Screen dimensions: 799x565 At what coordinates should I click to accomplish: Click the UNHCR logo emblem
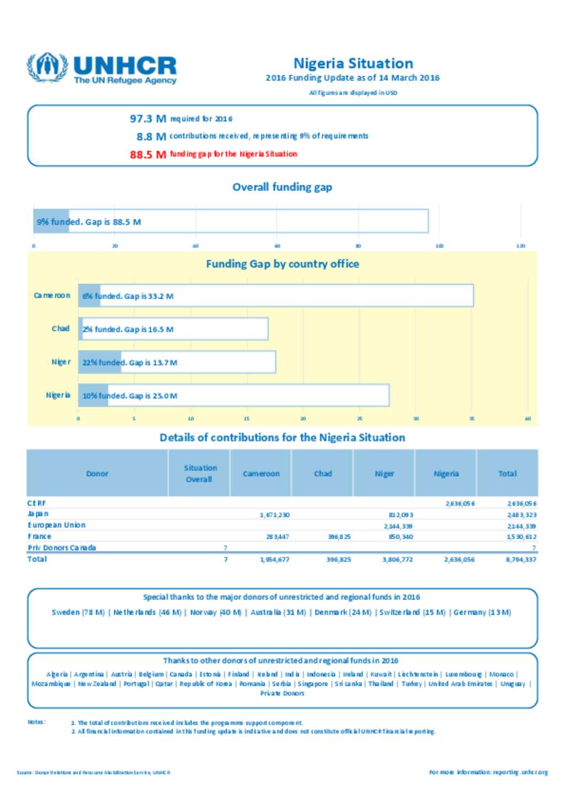tap(47, 67)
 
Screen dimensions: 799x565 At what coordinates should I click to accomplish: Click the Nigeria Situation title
tap(353, 63)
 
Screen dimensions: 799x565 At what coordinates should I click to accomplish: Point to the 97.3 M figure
tap(147, 119)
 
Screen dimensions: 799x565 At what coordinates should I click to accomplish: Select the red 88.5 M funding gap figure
tap(147, 154)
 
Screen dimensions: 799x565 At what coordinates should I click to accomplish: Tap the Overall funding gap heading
tap(282, 187)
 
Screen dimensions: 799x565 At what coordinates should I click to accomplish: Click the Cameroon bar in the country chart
tap(275, 296)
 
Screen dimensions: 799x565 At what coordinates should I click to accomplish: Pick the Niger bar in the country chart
tap(177, 362)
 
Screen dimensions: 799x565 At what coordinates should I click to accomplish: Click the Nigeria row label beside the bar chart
tap(58, 395)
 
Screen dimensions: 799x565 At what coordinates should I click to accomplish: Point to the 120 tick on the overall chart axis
tap(520, 246)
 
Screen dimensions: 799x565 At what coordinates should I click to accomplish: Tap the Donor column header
tap(97, 474)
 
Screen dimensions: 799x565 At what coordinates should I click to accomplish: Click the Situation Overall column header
tap(200, 474)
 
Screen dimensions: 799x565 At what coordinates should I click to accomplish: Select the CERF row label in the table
tap(37, 503)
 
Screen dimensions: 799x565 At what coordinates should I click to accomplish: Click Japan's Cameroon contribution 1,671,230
tap(275, 515)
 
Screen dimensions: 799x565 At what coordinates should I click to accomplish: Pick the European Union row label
tap(57, 525)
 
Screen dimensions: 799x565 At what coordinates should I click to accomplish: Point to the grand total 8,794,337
tap(521, 560)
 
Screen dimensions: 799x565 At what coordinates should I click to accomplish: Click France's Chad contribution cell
tap(339, 537)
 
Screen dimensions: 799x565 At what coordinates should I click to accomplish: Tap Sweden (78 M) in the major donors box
tap(78, 613)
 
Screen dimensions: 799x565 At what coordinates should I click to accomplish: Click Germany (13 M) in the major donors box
tap(482, 613)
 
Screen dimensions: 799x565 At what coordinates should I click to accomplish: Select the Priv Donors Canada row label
tap(62, 548)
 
